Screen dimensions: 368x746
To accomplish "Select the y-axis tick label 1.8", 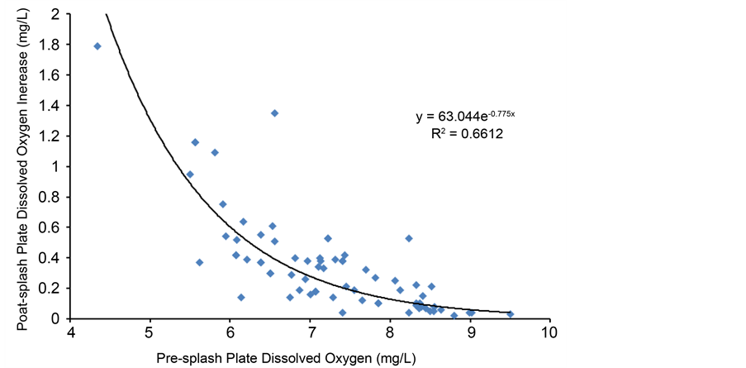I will pyautogui.click(x=49, y=45).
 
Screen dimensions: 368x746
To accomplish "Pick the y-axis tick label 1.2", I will pyautogui.click(x=49, y=136).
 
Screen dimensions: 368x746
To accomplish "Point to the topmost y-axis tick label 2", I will pyautogui.click(x=55, y=14).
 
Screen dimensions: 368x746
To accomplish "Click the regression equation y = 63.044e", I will pyautogui.click(x=465, y=117).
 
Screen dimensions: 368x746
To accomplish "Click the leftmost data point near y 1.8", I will pyautogui.click(x=97, y=46).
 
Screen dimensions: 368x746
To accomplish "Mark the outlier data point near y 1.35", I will pyautogui.click(x=274, y=113).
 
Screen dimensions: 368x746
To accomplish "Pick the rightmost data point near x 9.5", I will pyautogui.click(x=510, y=314).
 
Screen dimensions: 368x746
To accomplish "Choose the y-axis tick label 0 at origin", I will pyautogui.click(x=55, y=318).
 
